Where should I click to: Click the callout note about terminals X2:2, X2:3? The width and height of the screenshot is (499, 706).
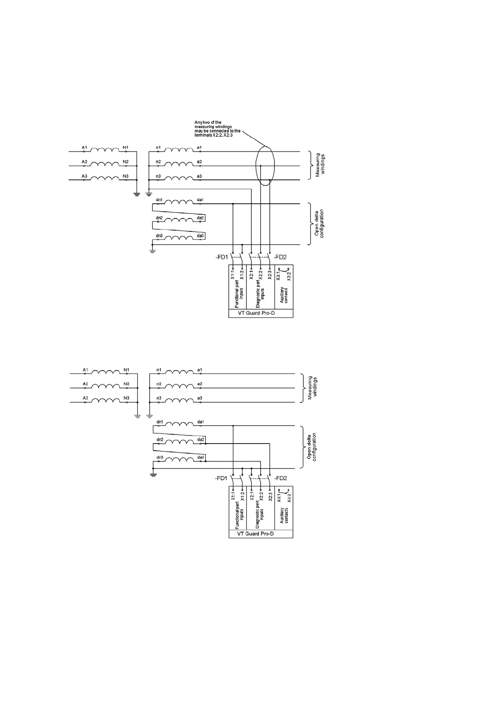217,129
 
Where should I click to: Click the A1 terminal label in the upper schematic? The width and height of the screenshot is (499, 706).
84,148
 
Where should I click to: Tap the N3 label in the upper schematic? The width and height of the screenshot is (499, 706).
126,176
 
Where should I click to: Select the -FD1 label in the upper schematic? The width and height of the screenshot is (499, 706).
221,257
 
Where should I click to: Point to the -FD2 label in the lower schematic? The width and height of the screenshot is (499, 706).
280,478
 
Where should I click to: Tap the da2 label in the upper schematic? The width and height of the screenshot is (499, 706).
201,218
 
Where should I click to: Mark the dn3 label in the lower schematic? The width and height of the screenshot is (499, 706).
159,457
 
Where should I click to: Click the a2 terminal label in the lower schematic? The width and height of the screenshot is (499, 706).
200,384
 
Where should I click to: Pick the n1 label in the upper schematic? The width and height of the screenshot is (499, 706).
158,148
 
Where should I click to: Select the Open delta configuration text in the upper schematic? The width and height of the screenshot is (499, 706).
320,224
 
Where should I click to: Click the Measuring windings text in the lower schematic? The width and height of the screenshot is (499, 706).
313,388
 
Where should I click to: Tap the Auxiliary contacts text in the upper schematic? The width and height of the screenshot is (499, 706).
284,295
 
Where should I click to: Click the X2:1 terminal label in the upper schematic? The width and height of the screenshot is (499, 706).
251,275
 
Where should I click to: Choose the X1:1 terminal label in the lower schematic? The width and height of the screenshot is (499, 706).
233,496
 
